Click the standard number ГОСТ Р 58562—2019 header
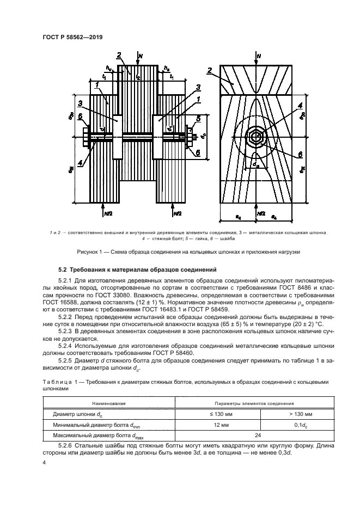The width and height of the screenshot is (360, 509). (x=72, y=37)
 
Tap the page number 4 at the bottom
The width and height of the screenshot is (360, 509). (x=44, y=462)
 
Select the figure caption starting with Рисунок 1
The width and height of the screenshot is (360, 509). (x=180, y=252)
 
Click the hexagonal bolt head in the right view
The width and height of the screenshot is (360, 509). (x=254, y=138)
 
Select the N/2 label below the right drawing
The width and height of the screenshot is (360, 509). (x=261, y=213)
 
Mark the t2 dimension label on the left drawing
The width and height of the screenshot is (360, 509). (x=138, y=78)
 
